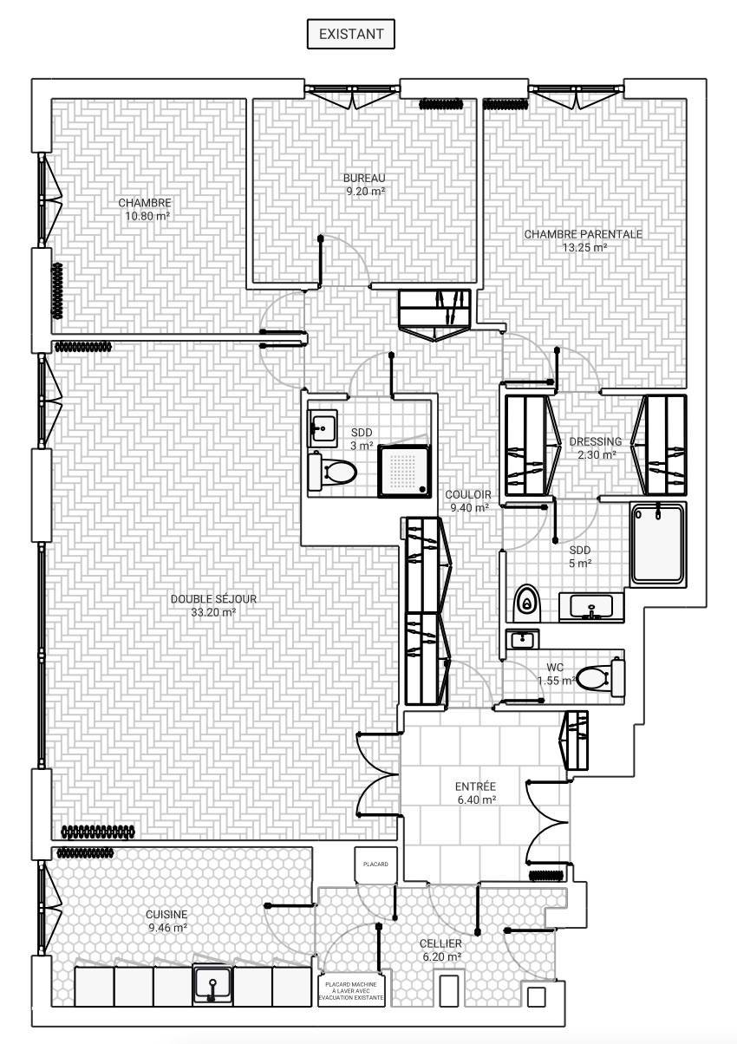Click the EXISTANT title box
pyautogui.click(x=350, y=34)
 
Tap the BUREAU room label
pyautogui.click(x=364, y=178)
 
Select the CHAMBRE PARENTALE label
pyautogui.click(x=584, y=234)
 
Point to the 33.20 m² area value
pyautogui.click(x=213, y=612)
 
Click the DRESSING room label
pyautogui.click(x=596, y=441)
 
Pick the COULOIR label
pyautogui.click(x=468, y=494)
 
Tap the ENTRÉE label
pyautogui.click(x=475, y=786)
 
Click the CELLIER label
pyautogui.click(x=440, y=943)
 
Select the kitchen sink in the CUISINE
pyautogui.click(x=212, y=984)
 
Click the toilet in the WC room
pyautogui.click(x=600, y=676)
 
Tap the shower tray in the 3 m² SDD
pyautogui.click(x=404, y=471)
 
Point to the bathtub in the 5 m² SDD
pyautogui.click(x=658, y=545)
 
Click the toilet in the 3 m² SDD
pyautogui.click(x=332, y=471)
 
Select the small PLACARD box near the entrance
pyautogui.click(x=375, y=865)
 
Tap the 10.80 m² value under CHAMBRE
pyautogui.click(x=147, y=216)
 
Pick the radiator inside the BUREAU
pyautogui.click(x=440, y=104)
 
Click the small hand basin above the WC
pyautogui.click(x=523, y=639)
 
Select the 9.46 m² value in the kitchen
pyautogui.click(x=168, y=928)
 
